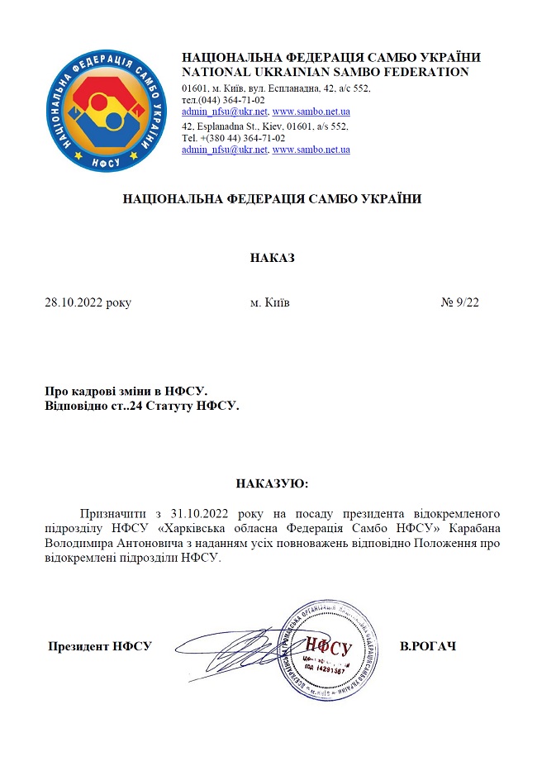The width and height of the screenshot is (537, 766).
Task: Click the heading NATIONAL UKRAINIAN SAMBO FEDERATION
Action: [x=325, y=73]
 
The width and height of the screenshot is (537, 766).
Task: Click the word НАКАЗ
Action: [x=272, y=258]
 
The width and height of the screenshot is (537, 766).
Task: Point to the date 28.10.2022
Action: [x=74, y=302]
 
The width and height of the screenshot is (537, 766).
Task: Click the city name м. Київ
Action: [x=269, y=302]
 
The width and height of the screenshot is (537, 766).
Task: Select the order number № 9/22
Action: [x=459, y=302]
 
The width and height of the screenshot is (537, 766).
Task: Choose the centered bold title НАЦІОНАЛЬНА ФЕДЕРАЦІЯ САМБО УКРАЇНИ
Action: [x=272, y=199]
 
